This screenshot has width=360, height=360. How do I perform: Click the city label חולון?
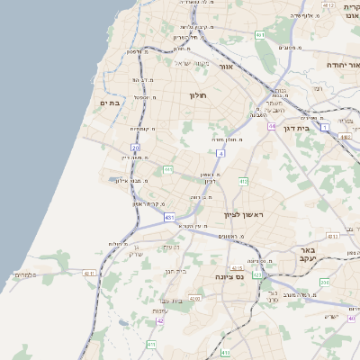coord(198,94)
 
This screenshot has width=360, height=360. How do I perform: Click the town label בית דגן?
coord(323,130)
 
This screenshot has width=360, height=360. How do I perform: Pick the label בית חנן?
coord(175,269)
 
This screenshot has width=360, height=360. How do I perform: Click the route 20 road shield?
coord(135,147)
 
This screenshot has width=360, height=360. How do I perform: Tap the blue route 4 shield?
coord(220,153)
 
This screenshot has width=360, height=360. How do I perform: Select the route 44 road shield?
coord(271,127)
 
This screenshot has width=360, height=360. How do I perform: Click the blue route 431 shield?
coord(169,217)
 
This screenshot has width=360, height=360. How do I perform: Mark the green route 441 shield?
coord(167,168)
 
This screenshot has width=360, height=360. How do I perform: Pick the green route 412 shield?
coord(243,181)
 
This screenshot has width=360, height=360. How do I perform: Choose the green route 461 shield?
coord(259,35)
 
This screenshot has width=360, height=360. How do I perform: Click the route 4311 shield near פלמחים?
coord(88,273)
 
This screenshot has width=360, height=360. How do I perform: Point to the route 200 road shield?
coord(325,282)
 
